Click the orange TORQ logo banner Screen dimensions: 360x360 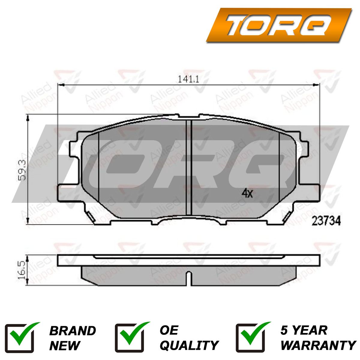point(279,25)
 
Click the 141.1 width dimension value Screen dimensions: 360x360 point(188,79)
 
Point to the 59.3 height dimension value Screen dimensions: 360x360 point(22,170)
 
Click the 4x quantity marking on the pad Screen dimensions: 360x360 point(247,193)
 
